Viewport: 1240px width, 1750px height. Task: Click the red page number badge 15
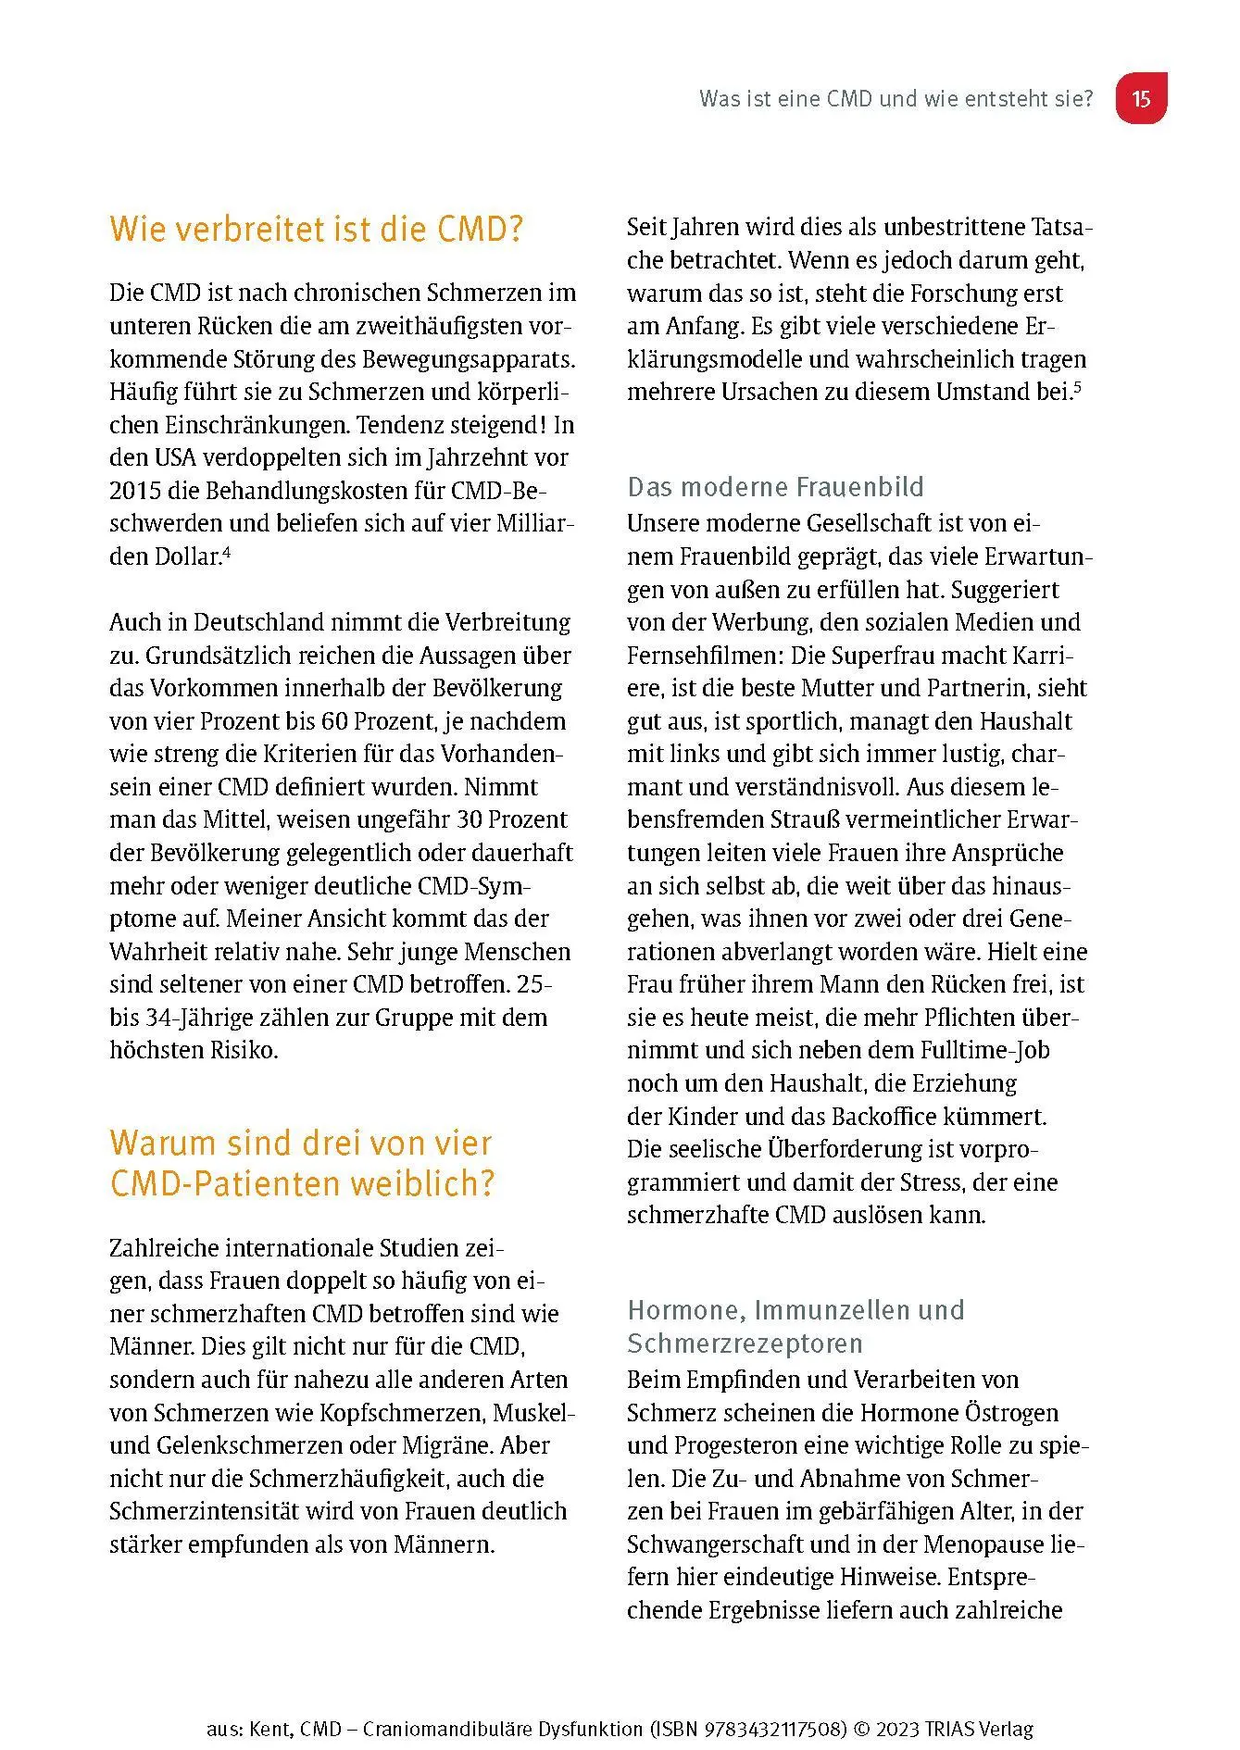1140,98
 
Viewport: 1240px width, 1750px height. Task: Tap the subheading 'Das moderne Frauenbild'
775,487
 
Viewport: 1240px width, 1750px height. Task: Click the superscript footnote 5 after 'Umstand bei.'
1077,385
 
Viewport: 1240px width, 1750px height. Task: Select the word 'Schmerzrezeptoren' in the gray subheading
745,1344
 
